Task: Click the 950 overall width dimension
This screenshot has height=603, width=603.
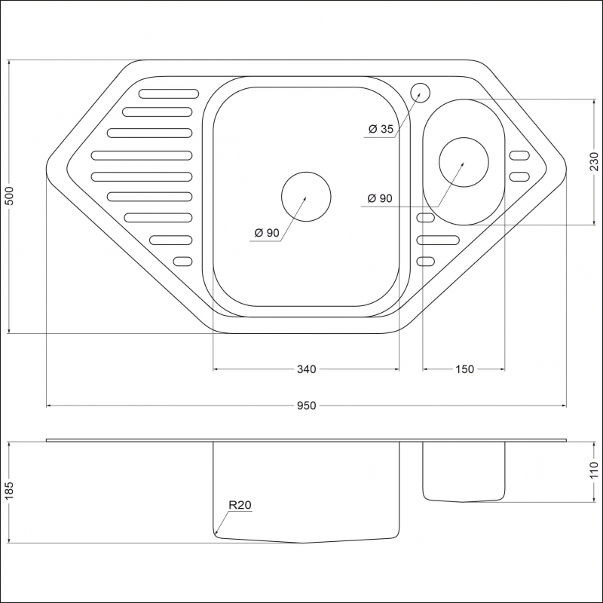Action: coord(306,406)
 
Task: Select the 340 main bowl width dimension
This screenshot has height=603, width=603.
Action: coord(307,369)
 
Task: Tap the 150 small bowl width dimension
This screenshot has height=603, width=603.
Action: coord(464,369)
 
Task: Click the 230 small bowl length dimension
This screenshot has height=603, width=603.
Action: coord(594,161)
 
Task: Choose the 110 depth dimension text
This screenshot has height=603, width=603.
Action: coord(594,470)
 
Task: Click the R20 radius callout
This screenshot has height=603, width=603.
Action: coord(240,504)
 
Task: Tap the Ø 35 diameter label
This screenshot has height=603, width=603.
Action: coord(381,129)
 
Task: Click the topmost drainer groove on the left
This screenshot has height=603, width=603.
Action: coord(169,93)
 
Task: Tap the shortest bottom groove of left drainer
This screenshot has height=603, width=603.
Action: coord(182,262)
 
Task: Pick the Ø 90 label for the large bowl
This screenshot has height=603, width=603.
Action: coord(267,233)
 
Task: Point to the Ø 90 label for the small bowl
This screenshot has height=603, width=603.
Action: coord(380,198)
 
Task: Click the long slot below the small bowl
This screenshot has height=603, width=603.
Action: coord(438,240)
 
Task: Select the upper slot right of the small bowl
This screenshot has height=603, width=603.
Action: coord(519,156)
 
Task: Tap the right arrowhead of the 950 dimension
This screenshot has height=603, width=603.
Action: coord(564,406)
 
